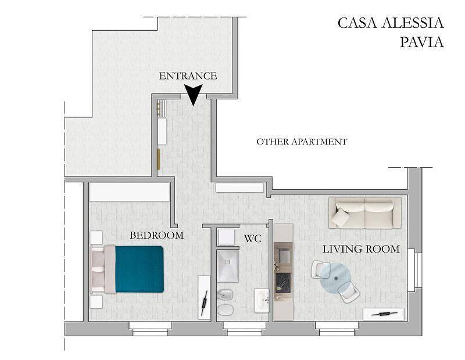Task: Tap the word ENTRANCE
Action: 188,76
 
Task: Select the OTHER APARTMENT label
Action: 302,142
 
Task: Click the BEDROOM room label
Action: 156,235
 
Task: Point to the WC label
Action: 252,238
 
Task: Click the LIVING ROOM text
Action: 361,249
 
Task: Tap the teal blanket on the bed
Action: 139,269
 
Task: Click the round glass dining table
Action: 335,279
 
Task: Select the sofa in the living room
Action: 364,213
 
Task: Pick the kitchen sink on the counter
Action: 284,254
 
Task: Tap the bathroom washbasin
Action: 262,301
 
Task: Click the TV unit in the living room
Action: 384,314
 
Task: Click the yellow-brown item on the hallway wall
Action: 158,159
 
